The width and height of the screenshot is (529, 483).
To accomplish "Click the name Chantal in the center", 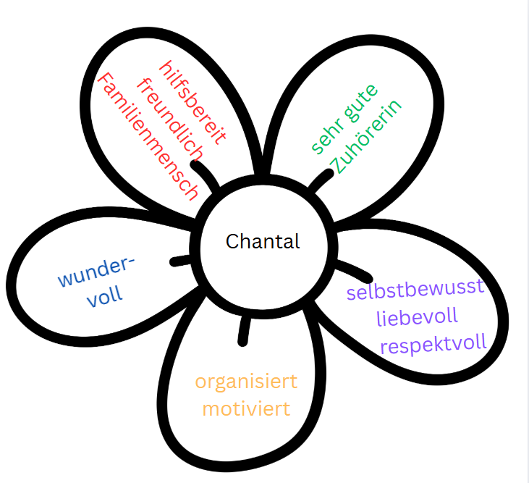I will click(x=262, y=241).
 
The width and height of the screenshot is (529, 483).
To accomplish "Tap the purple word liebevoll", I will click(x=417, y=317).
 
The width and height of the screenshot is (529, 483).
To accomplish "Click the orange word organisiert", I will click(x=246, y=382).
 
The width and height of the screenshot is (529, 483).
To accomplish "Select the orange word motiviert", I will click(x=246, y=408).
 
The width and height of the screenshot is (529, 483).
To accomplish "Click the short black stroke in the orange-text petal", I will click(x=244, y=330).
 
